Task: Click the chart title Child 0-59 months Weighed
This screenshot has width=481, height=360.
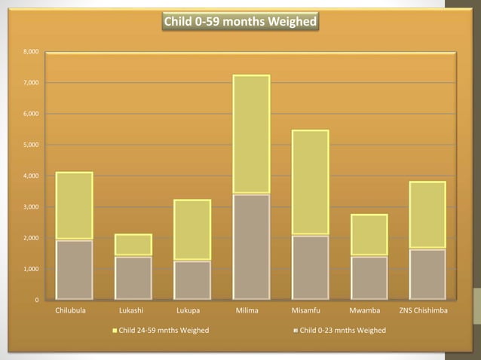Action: tap(240, 22)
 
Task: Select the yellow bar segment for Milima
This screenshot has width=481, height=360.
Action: tap(251, 134)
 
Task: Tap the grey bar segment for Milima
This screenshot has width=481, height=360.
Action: tap(251, 247)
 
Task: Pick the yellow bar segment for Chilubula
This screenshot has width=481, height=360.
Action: tap(75, 206)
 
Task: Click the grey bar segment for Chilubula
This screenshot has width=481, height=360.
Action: tap(75, 270)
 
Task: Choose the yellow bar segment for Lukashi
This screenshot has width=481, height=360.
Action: tap(133, 245)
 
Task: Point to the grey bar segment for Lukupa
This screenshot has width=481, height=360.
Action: tap(192, 280)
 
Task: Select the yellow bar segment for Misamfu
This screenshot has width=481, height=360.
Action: tap(310, 182)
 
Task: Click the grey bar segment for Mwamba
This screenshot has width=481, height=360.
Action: tap(369, 278)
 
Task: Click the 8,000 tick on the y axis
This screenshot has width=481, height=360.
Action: tap(31, 51)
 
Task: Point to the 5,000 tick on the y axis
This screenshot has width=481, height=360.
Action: tap(31, 145)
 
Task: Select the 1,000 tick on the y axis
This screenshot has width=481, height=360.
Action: tap(31, 269)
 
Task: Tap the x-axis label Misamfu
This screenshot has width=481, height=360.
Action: tap(310, 310)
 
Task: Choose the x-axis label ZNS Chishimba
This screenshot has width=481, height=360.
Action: tap(427, 310)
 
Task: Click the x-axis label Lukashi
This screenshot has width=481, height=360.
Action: tap(133, 310)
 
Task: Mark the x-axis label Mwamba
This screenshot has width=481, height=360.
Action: tap(369, 310)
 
